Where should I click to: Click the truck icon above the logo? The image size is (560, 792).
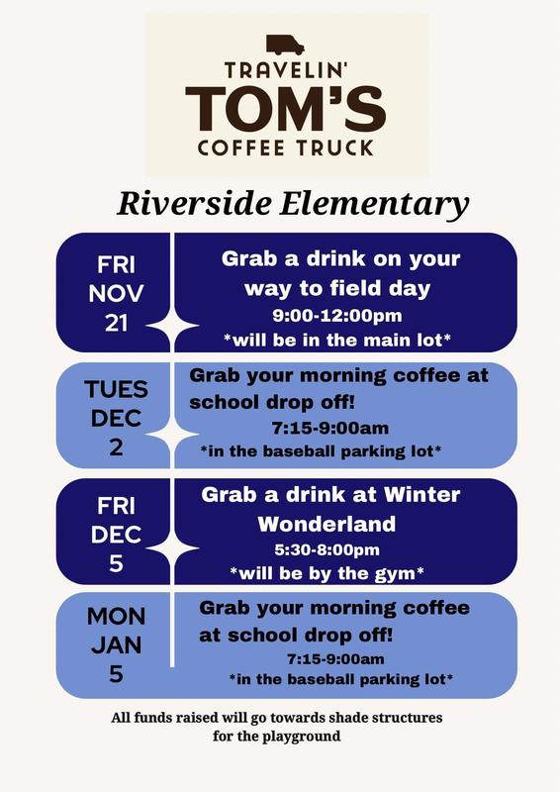click(285, 45)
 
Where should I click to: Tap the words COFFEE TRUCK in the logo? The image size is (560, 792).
click(284, 148)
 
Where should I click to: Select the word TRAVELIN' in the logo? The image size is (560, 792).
click(284, 71)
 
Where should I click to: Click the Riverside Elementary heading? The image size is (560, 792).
click(293, 204)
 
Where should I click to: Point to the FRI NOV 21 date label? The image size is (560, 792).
click(116, 294)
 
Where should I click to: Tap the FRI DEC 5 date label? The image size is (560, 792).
click(116, 535)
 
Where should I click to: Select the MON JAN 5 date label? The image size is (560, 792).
click(116, 645)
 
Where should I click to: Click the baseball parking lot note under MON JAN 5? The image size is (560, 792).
click(340, 680)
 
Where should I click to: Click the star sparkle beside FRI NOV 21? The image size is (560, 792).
click(174, 322)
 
